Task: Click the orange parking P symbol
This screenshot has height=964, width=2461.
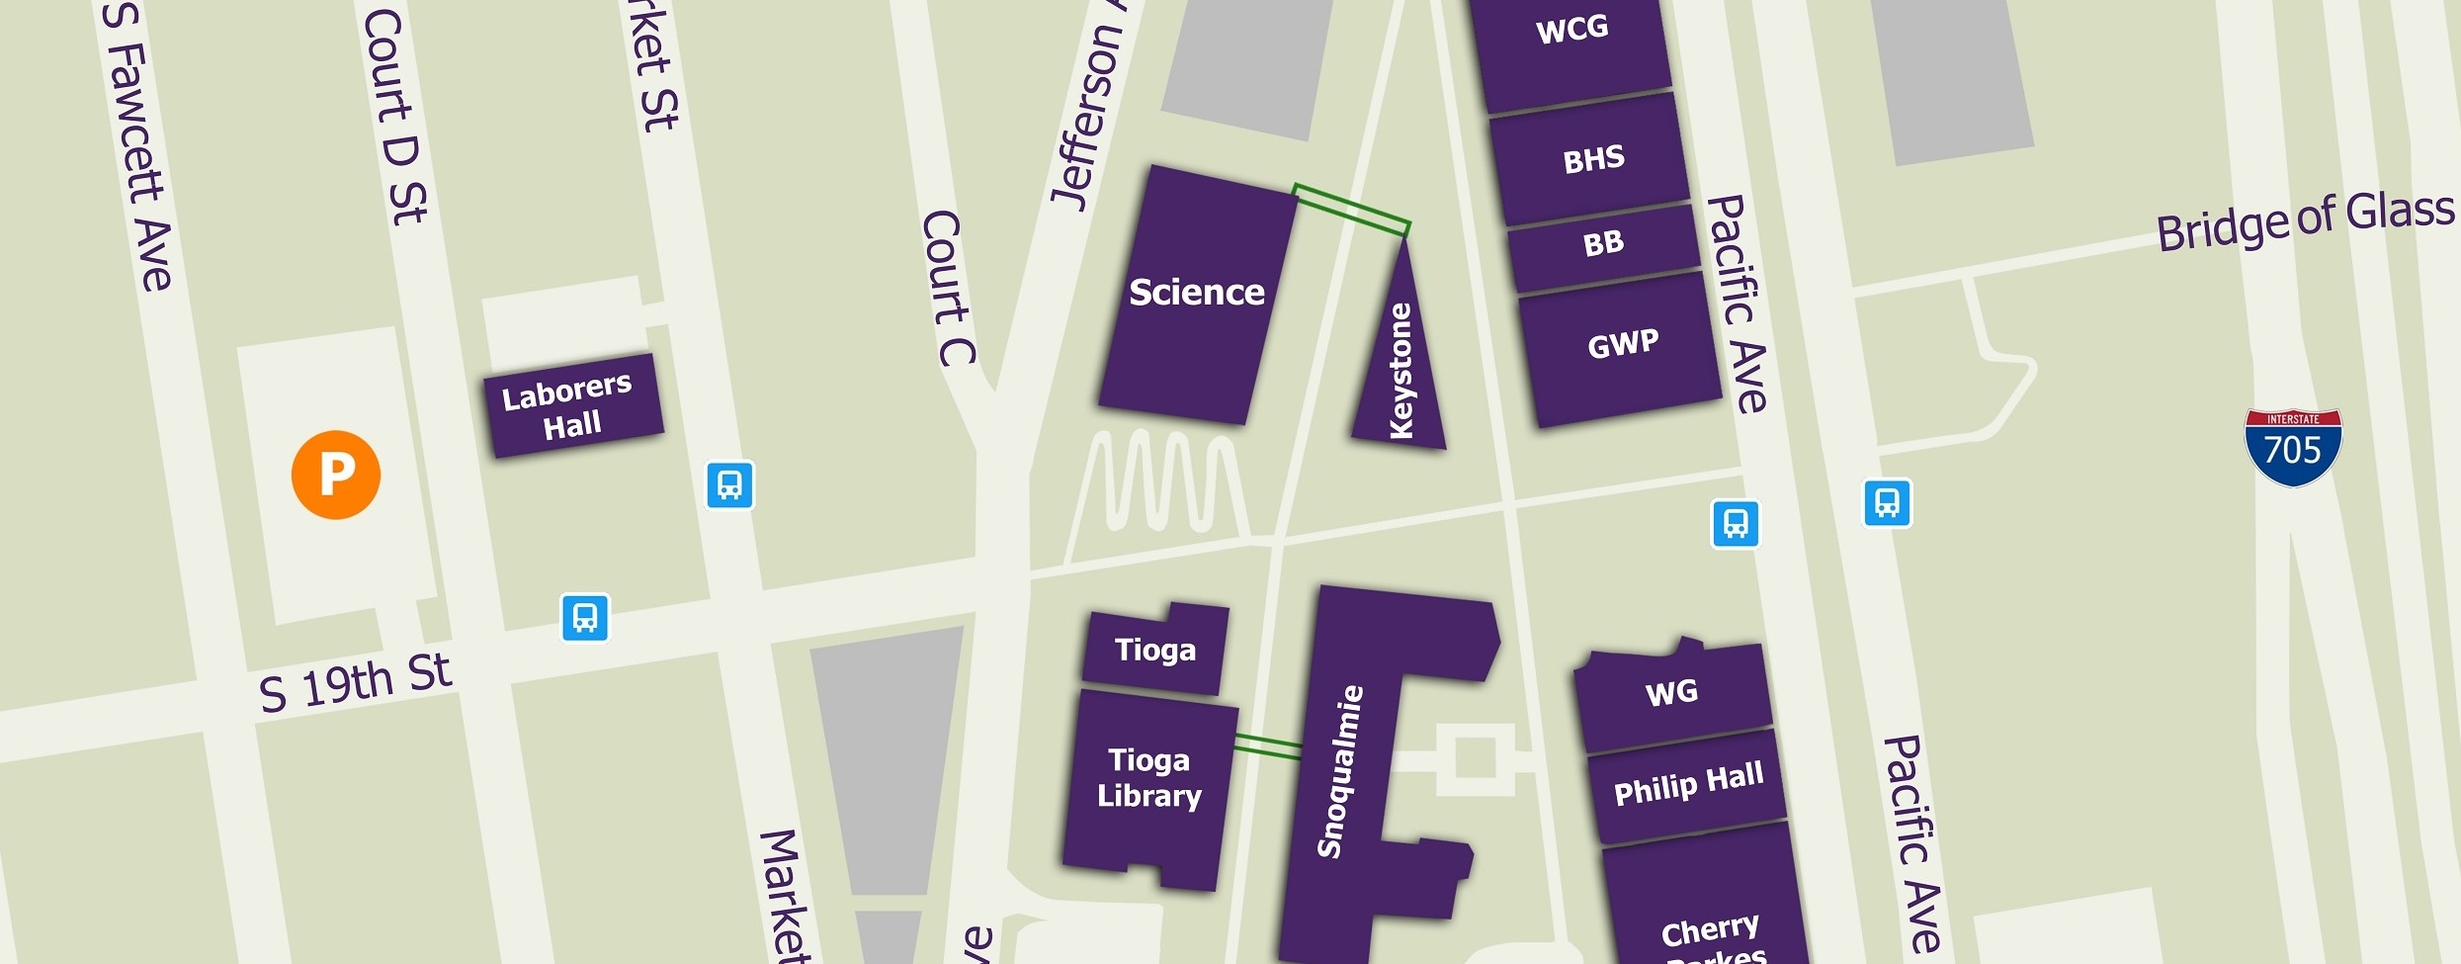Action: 336,475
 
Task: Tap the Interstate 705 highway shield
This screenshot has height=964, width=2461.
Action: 2292,448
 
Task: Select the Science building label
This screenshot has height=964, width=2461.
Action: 1196,293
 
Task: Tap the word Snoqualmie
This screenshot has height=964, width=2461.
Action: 1340,771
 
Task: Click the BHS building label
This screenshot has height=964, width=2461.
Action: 1593,159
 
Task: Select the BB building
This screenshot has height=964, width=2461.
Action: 1603,243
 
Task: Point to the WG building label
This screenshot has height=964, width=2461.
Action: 1671,692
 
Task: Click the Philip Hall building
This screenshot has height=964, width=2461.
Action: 1688,784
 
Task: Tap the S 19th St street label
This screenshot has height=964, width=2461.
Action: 356,682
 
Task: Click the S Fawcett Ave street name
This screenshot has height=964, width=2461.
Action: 140,148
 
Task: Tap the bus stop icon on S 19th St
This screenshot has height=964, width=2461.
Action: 585,618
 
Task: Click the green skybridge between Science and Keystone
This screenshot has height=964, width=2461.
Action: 1351,210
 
